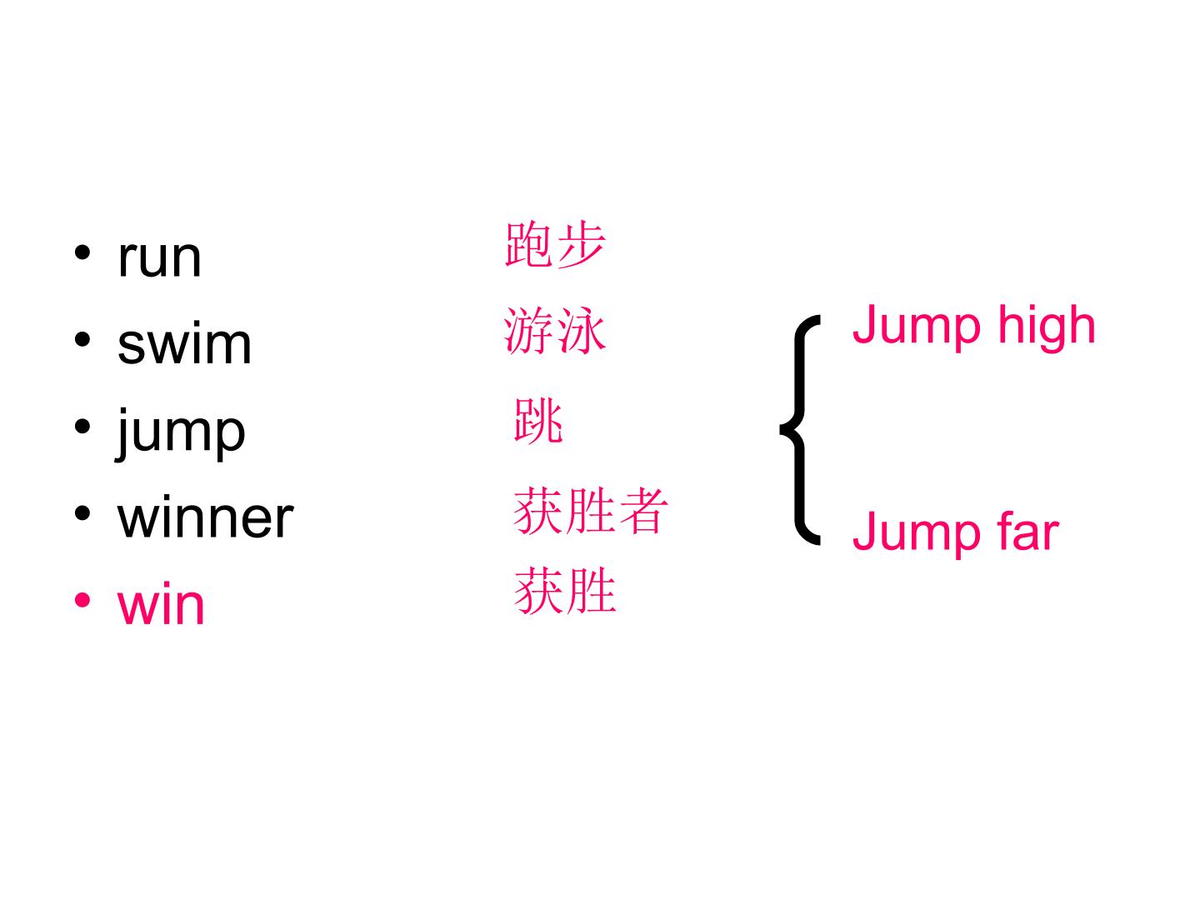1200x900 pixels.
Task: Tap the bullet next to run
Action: click(82, 253)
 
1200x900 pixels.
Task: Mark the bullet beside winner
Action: click(82, 513)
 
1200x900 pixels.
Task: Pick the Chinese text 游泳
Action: click(554, 330)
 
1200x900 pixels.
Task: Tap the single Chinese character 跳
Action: click(538, 420)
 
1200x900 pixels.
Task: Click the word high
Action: click(1047, 326)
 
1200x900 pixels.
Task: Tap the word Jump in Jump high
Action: click(917, 326)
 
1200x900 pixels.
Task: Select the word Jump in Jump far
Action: click(917, 533)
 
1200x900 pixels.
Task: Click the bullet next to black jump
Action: click(82, 427)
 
